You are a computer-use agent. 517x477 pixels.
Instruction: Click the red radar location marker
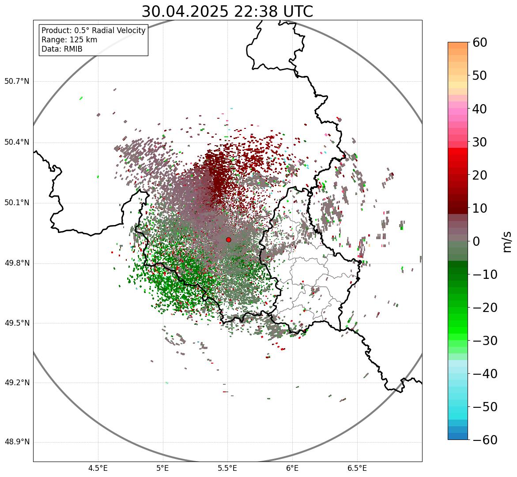(228, 240)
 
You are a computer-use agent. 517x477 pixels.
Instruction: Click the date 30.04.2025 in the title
(184, 11)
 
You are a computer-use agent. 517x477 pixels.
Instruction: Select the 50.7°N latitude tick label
(17, 82)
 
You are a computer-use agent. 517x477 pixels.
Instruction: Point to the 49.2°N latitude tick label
(17, 383)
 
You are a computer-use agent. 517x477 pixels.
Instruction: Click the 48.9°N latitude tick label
(17, 442)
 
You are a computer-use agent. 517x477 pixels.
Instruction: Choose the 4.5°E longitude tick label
(98, 468)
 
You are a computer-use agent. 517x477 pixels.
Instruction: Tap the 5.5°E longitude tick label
(228, 468)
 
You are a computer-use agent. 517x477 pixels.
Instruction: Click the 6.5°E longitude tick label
(357, 468)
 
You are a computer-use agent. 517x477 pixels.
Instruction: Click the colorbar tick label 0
(476, 241)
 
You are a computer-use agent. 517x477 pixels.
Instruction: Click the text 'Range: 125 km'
(69, 40)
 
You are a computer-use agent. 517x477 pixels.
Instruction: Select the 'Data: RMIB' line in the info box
(62, 49)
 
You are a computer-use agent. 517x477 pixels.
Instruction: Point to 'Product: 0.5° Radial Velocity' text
(93, 30)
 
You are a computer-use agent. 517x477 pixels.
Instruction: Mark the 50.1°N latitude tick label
(17, 203)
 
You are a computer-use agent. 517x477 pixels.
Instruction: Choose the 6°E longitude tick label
(292, 468)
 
